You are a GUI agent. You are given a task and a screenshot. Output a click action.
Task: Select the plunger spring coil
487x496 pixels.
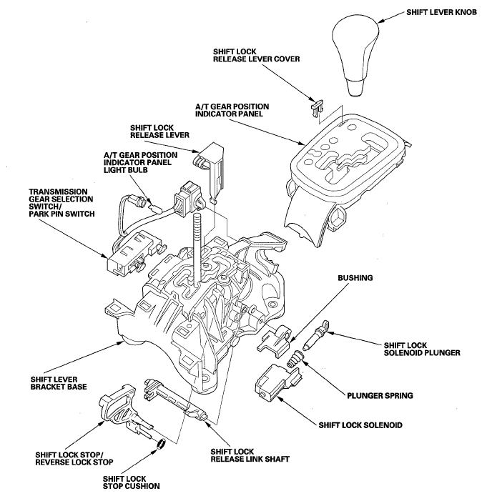(x=292, y=364)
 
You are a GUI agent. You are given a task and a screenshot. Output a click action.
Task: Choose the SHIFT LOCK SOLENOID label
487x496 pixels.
(x=359, y=426)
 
